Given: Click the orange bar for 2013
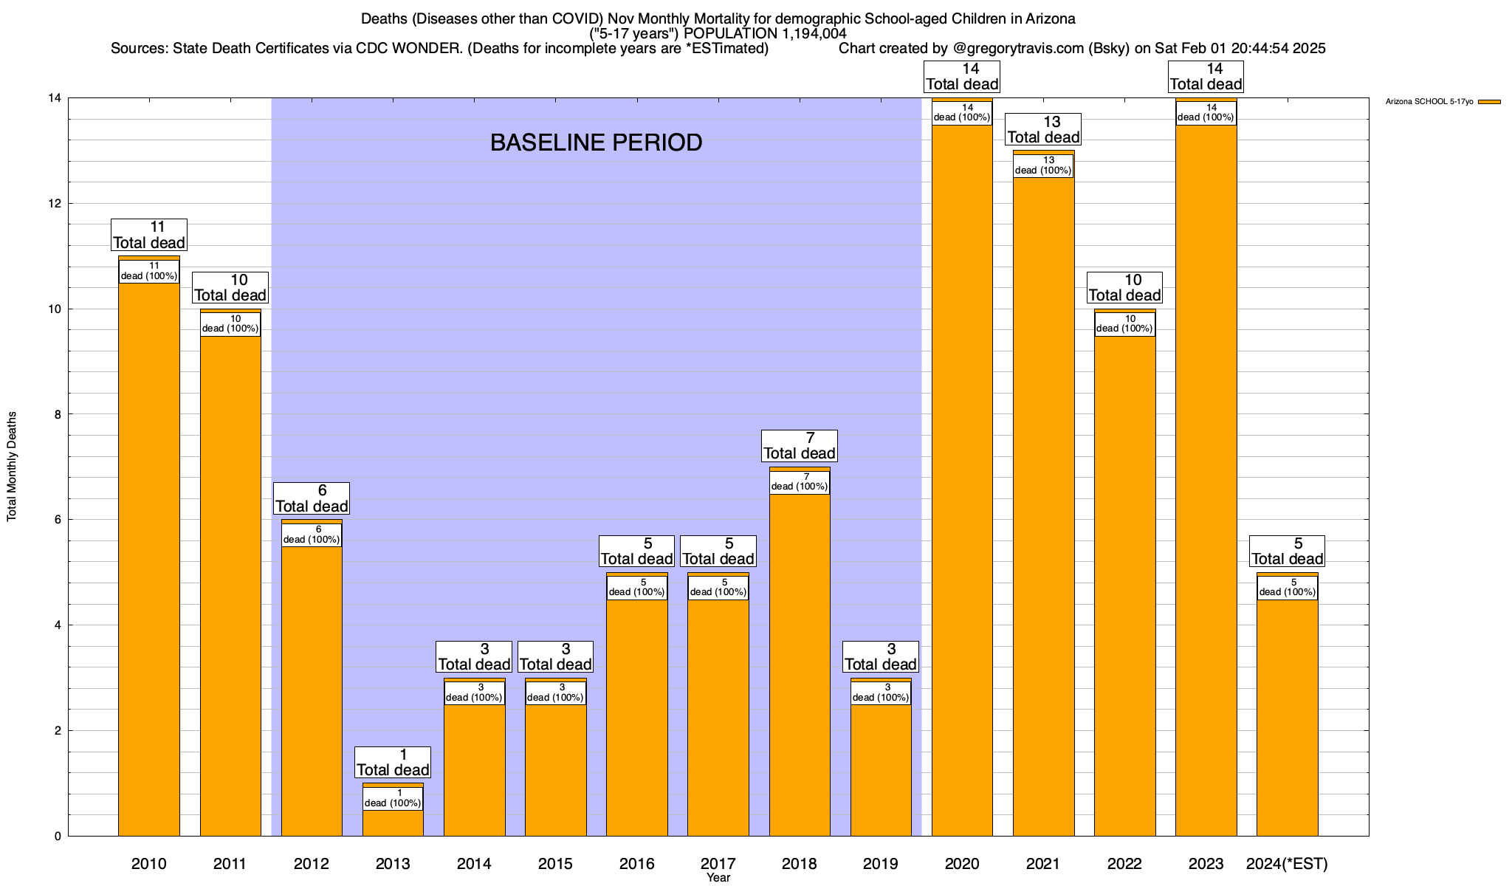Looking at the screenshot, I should pyautogui.click(x=393, y=823).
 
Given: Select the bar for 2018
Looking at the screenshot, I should pyautogui.click(x=800, y=664).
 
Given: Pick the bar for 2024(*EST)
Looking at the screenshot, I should pyautogui.click(x=1287, y=716).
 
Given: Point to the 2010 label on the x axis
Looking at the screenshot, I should pyautogui.click(x=149, y=863).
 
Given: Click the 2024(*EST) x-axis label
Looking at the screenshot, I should pyautogui.click(x=1287, y=863).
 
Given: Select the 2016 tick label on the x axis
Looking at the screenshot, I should pyautogui.click(x=636, y=863).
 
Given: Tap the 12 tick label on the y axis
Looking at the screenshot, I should pyautogui.click(x=54, y=204).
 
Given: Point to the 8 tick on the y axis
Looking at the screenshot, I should pyautogui.click(x=58, y=415).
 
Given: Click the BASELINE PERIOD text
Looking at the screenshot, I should pyautogui.click(x=596, y=142).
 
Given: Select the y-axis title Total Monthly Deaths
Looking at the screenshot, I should pyautogui.click(x=12, y=467).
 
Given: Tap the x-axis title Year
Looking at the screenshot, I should pyautogui.click(x=718, y=877).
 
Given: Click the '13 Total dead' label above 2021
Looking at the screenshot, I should pyautogui.click(x=1043, y=129).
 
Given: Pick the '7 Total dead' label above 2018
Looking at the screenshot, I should pyautogui.click(x=800, y=446).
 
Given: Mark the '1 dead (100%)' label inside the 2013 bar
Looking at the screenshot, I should pyautogui.click(x=393, y=799).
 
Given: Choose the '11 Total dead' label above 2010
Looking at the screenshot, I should pyautogui.click(x=149, y=235).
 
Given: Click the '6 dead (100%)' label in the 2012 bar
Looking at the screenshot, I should pyautogui.click(x=312, y=535).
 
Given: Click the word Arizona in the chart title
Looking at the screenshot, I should pyautogui.click(x=1050, y=18).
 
